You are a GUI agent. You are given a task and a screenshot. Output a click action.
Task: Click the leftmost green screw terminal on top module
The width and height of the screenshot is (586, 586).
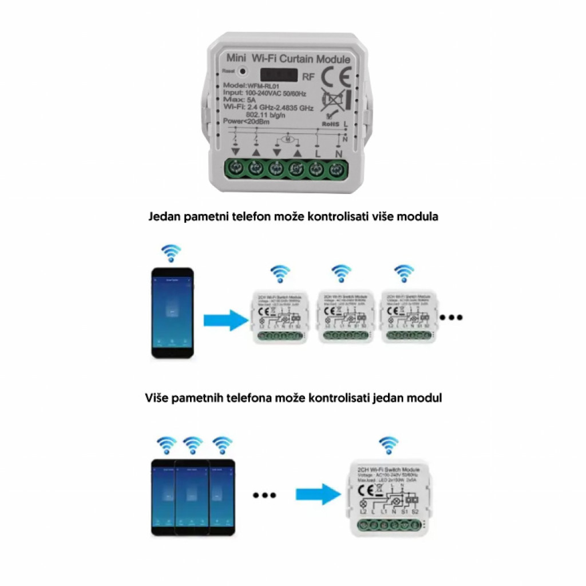(235, 169)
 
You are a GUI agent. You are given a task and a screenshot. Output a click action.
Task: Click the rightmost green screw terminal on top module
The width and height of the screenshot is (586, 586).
(337, 169)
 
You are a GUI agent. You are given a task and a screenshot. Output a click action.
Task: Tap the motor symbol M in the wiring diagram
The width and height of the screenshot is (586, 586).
(288, 138)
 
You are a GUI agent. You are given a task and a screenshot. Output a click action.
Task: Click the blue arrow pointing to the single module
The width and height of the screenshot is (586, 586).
(318, 494)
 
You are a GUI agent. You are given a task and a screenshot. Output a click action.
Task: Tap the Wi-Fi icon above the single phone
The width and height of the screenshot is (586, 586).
(171, 252)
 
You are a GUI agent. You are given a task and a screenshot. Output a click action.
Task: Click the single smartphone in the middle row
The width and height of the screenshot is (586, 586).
(172, 313)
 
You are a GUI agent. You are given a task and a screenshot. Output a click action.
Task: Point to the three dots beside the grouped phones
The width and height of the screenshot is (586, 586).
(264, 495)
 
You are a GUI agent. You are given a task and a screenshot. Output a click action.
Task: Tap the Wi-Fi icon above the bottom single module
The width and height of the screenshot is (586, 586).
(389, 444)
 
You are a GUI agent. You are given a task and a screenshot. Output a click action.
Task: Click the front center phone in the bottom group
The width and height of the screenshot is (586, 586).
(192, 496)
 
